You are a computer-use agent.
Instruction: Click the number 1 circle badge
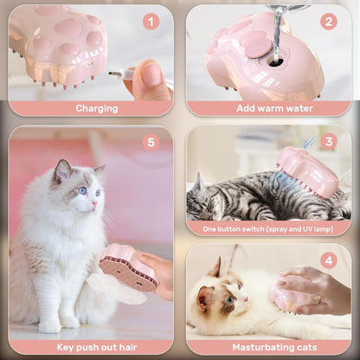(151, 22)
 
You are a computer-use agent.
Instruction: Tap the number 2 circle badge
(329, 22)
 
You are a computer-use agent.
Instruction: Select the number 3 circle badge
(329, 141)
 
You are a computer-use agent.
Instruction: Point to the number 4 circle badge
(329, 261)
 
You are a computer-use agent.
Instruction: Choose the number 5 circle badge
(151, 142)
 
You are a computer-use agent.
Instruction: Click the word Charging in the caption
(97, 108)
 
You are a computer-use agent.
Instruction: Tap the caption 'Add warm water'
(274, 108)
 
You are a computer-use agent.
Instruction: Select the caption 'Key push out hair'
(97, 347)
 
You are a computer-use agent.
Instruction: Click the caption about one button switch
(268, 229)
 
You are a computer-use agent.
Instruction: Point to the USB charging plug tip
(114, 74)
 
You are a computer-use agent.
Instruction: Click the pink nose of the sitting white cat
(94, 204)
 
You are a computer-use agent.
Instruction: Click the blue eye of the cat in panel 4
(229, 299)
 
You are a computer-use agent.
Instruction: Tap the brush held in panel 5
(127, 267)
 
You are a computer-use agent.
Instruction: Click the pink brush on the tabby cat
(307, 172)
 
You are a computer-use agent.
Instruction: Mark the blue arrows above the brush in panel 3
(310, 142)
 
